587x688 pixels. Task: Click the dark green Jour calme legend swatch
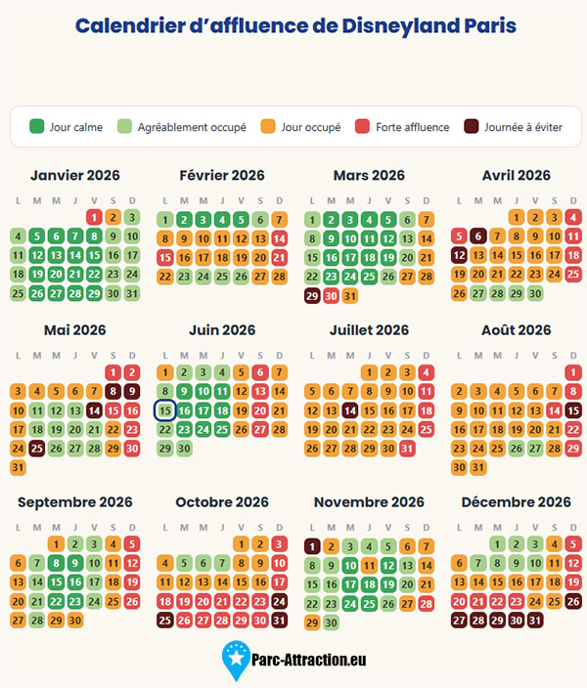(36, 126)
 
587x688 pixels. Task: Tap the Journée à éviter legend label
(523, 127)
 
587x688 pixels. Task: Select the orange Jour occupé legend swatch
(268, 126)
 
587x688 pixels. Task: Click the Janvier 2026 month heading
(75, 175)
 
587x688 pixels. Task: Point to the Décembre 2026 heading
(517, 502)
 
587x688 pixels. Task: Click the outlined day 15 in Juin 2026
(164, 410)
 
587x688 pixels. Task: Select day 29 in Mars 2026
(312, 296)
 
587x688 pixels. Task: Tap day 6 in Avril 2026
(478, 236)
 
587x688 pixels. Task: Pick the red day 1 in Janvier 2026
(94, 217)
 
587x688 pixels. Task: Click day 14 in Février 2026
(279, 238)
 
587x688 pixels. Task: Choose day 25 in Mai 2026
(37, 449)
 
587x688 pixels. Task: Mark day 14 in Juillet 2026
(349, 410)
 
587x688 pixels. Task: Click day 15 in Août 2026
(573, 410)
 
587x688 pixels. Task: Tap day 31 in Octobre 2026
(279, 621)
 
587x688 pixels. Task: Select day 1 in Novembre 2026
(312, 546)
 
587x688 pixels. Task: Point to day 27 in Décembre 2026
(459, 621)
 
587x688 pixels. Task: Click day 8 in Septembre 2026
(56, 563)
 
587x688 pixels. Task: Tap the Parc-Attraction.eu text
(308, 660)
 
